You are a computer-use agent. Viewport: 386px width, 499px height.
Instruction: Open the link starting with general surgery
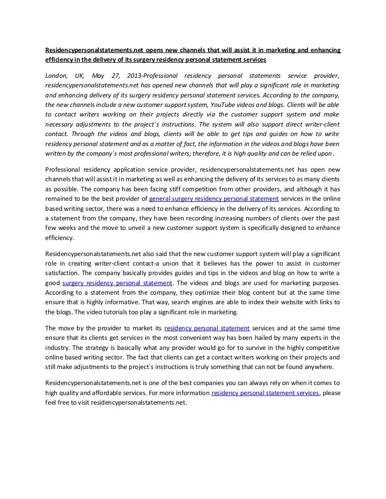coord(214,199)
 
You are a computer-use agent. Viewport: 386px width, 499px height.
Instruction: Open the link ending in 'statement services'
coord(265,393)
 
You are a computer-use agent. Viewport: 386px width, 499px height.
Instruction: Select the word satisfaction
coord(60,273)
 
